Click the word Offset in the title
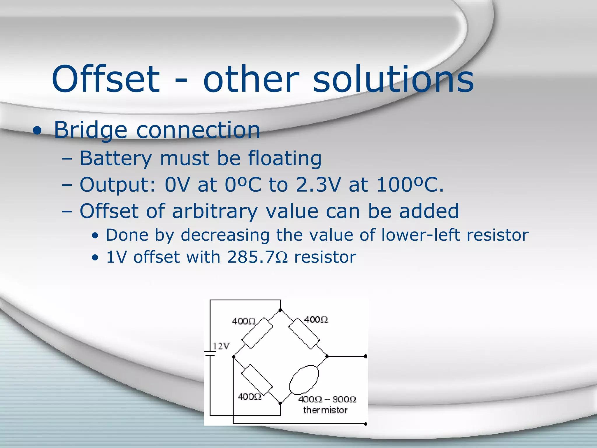coord(106,79)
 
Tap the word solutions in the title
coord(393,79)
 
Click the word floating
coord(285,158)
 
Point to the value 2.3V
coord(318,185)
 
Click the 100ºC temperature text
coord(410,185)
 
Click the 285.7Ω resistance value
coord(257,257)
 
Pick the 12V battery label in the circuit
coord(221,346)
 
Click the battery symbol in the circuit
coord(210,354)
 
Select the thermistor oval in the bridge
coord(304,380)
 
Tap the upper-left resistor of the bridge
coord(257,333)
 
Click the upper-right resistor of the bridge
coord(304,333)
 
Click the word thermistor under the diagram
coord(325,410)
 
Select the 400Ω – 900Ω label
coord(327,399)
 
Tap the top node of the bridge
coord(280,310)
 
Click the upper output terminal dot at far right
coord(366,356)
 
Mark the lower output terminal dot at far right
coord(366,424)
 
